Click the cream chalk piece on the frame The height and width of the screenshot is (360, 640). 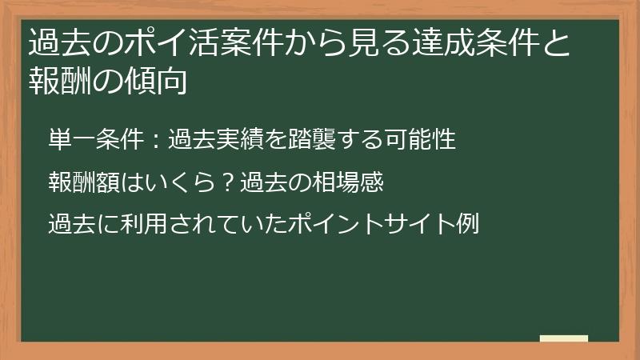pyautogui.click(x=564, y=338)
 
